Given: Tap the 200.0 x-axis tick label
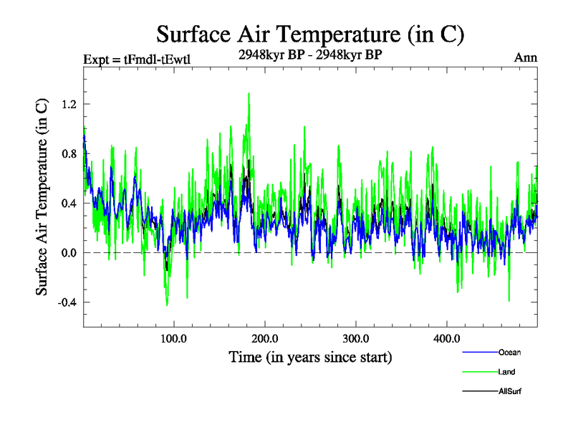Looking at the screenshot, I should tap(265, 339).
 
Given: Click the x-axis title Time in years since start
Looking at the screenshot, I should tap(310, 356).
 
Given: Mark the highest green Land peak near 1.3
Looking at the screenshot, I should tap(249, 93).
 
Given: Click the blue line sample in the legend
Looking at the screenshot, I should tap(479, 353).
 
